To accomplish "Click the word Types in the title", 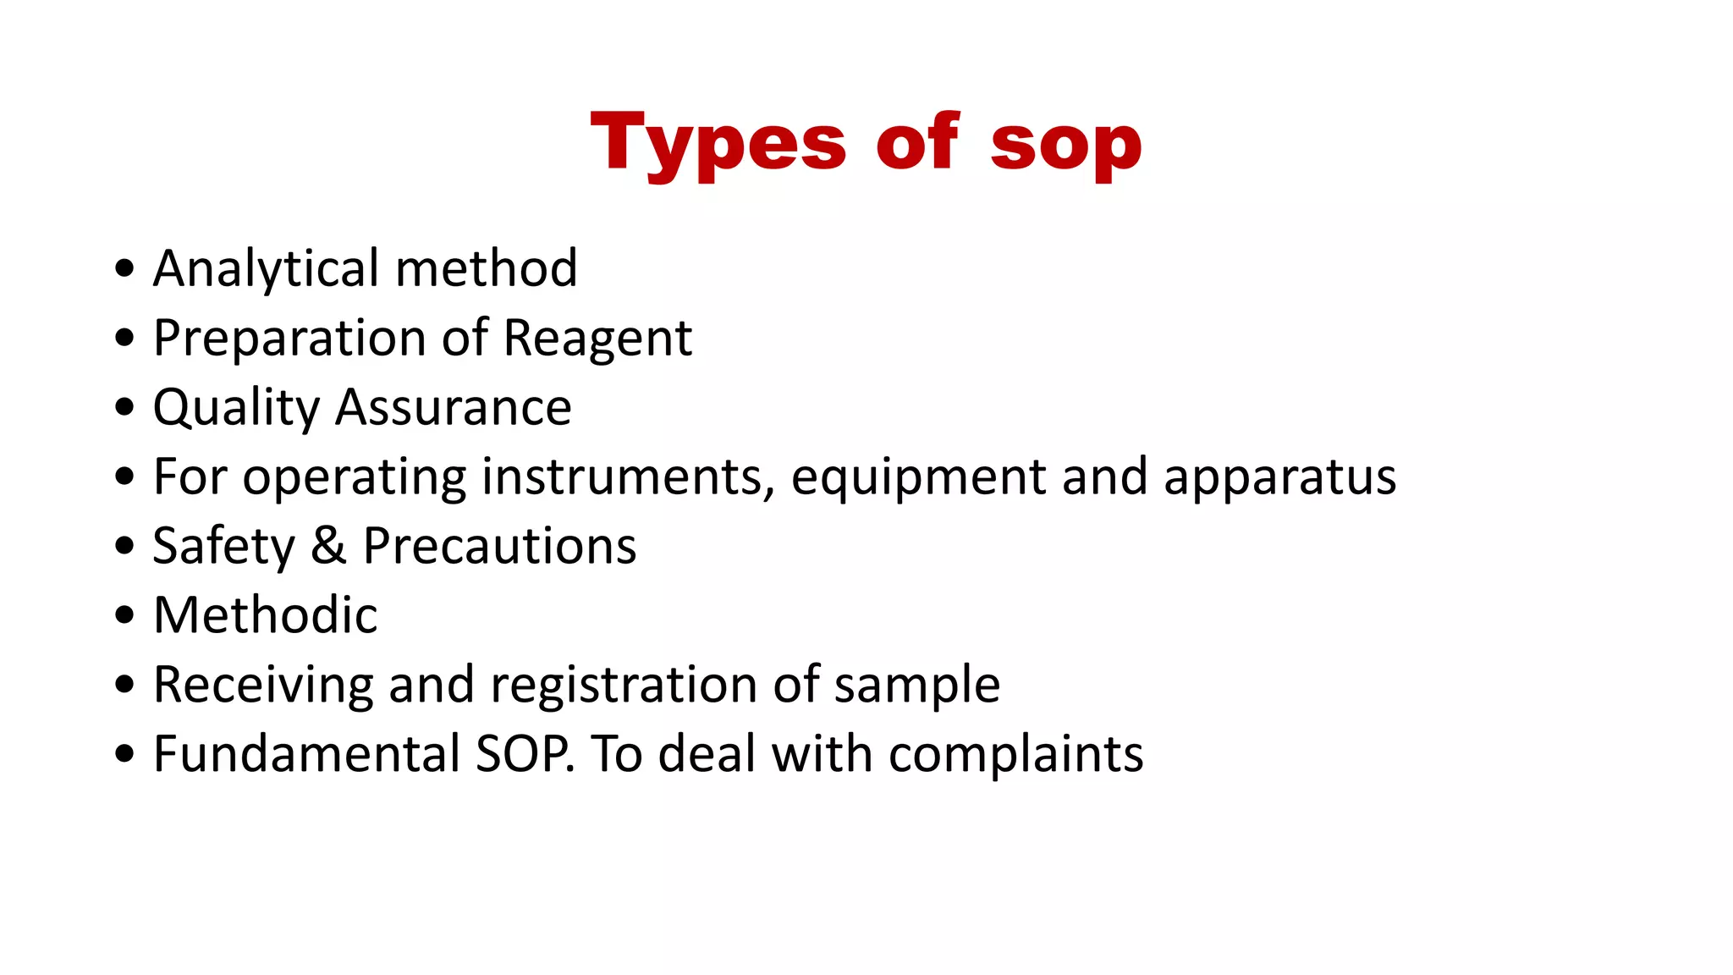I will coord(718,144).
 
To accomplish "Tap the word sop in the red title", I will coord(1066,144).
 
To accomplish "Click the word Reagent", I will coord(597,339).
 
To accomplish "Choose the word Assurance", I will coord(454,408).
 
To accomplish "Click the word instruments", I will coord(628,477).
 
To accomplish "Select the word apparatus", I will coord(1279,477).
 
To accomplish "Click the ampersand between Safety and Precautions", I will coord(328,546).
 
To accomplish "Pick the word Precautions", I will coord(499,546).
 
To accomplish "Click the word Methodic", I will coord(266,615).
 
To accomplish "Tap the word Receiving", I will coord(263,685).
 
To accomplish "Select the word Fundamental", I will coord(306,754).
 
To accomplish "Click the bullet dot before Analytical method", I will coord(125,269).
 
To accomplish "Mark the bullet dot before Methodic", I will coord(125,615).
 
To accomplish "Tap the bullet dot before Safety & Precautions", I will coord(125,546).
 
